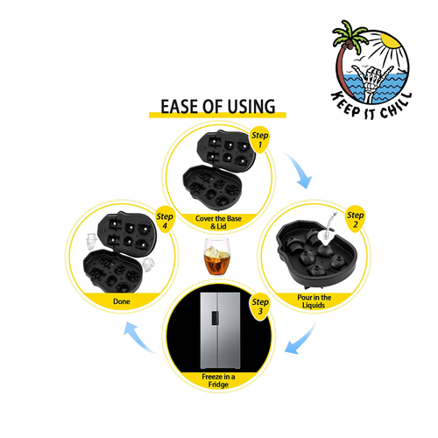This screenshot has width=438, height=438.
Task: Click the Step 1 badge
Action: click(260, 139)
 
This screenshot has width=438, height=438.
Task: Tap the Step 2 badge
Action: click(355, 220)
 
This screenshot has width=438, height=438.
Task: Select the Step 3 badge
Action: click(260, 307)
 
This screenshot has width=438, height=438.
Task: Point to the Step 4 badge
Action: click(165, 221)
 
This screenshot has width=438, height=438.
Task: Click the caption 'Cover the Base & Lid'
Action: click(218, 223)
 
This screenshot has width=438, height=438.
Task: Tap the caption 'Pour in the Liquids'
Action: click(314, 301)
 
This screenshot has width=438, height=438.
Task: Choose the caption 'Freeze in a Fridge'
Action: click(218, 380)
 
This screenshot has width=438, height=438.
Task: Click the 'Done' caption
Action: click(122, 301)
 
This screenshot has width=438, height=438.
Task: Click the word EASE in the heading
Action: click(180, 106)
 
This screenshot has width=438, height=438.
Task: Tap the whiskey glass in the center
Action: click(217, 257)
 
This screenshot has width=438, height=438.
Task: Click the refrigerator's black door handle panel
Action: click(215, 318)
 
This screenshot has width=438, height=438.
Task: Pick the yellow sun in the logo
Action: click(391, 40)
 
